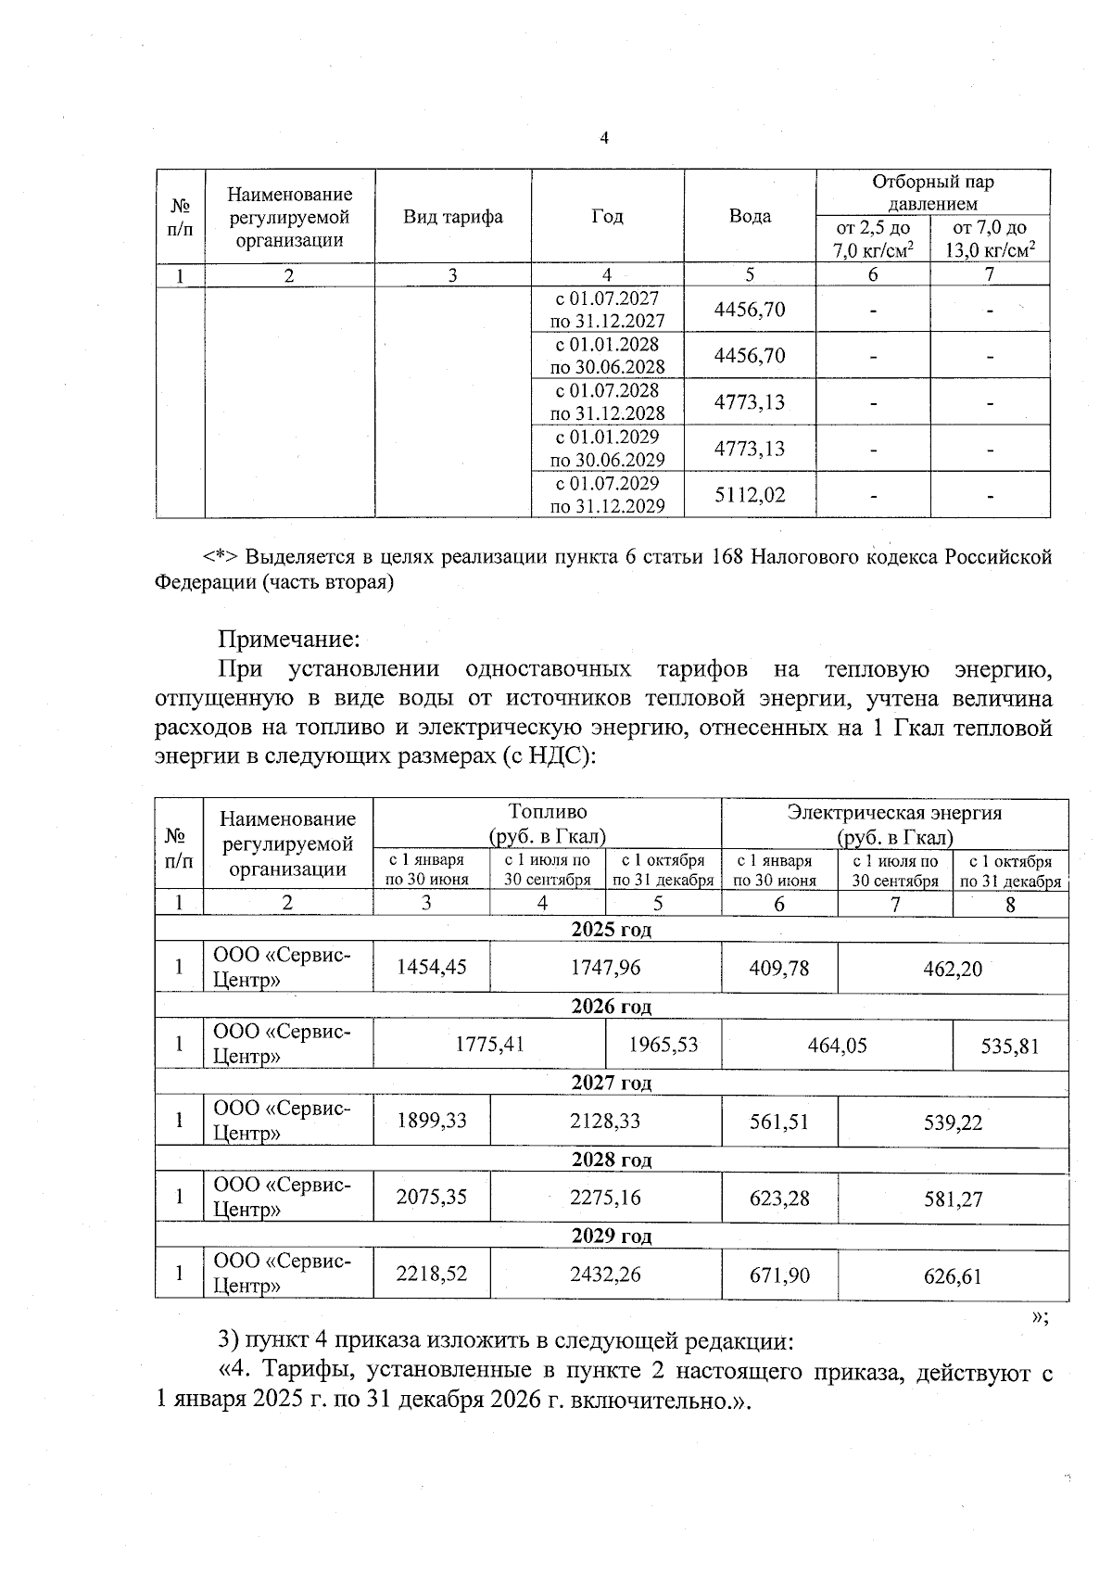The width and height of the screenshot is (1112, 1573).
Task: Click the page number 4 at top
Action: (604, 139)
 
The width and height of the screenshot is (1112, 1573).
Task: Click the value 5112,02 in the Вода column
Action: (750, 495)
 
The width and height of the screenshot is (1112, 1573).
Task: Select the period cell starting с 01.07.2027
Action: (607, 310)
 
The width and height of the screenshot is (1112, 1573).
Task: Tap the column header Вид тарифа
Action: (453, 217)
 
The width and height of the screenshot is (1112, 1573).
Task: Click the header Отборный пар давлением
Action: (932, 193)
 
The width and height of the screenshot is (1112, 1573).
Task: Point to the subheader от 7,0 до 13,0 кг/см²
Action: (990, 239)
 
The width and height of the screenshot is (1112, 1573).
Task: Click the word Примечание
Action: (288, 639)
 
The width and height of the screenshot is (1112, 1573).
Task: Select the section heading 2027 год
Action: (611, 1083)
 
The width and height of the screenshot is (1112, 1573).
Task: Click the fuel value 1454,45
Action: (432, 968)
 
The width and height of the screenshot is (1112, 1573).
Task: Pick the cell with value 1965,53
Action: (663, 1045)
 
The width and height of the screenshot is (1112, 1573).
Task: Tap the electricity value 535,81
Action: (1010, 1047)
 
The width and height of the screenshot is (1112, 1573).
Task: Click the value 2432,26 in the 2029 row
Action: (605, 1275)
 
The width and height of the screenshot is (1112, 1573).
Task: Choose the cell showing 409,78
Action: (779, 968)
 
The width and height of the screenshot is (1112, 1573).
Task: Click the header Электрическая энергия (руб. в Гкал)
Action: (894, 825)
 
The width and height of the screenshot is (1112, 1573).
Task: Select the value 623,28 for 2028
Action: (779, 1198)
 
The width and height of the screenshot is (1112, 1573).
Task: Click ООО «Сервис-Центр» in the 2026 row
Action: (283, 1044)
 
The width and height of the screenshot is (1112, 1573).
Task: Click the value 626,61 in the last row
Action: (953, 1276)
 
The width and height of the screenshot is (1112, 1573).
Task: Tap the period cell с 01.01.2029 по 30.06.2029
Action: (607, 449)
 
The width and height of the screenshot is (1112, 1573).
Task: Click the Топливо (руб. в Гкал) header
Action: (547, 824)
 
